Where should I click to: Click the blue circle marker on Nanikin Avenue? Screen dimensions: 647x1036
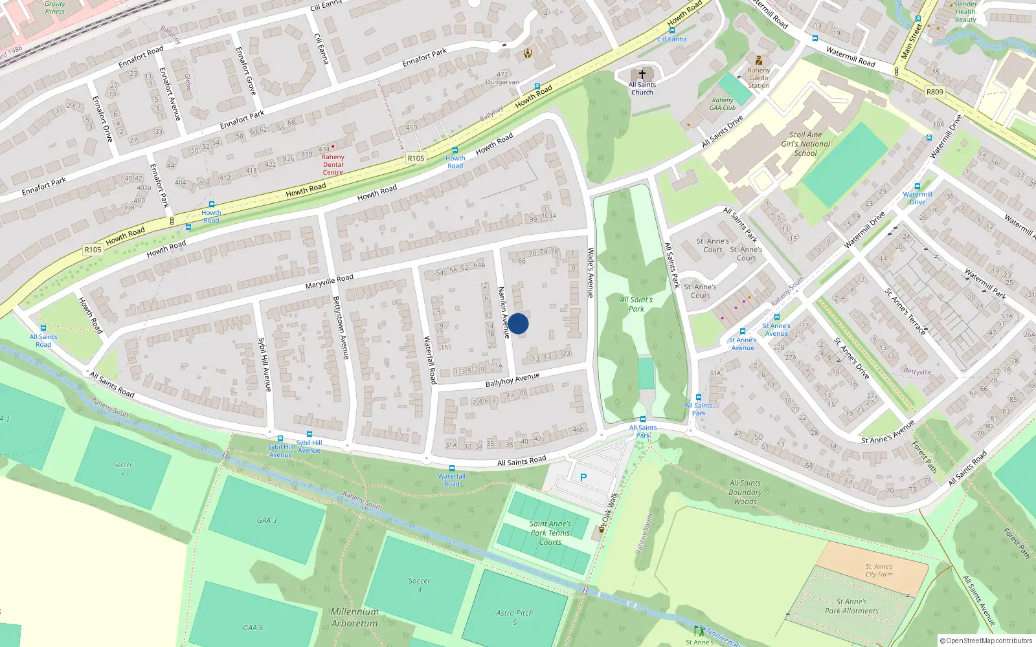[518, 323]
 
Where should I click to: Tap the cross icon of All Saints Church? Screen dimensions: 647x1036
[642, 74]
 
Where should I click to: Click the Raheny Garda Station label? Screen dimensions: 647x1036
[759, 78]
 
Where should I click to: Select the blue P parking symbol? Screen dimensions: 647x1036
[583, 477]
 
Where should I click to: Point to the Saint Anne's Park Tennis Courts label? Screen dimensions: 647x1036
[550, 533]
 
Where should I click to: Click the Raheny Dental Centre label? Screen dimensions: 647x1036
[333, 165]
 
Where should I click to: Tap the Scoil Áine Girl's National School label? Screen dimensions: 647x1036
[805, 144]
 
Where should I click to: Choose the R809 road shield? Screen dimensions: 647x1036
[934, 92]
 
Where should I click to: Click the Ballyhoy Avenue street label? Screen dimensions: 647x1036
[512, 380]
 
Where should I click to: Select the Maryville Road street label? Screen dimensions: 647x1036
[330, 281]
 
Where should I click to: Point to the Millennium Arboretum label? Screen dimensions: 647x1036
[355, 617]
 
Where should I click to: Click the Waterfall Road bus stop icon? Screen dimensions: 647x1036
[452, 468]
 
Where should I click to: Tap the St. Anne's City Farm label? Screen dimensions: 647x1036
[879, 570]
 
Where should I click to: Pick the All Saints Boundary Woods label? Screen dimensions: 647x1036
[745, 492]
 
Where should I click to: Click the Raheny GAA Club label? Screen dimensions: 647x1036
[723, 104]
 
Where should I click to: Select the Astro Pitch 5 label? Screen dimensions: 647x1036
[515, 617]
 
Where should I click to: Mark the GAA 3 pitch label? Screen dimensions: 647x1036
[267, 520]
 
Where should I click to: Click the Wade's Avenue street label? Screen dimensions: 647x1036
[591, 272]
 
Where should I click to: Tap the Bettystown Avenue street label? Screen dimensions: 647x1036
[341, 327]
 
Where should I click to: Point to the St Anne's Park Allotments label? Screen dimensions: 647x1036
[851, 606]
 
